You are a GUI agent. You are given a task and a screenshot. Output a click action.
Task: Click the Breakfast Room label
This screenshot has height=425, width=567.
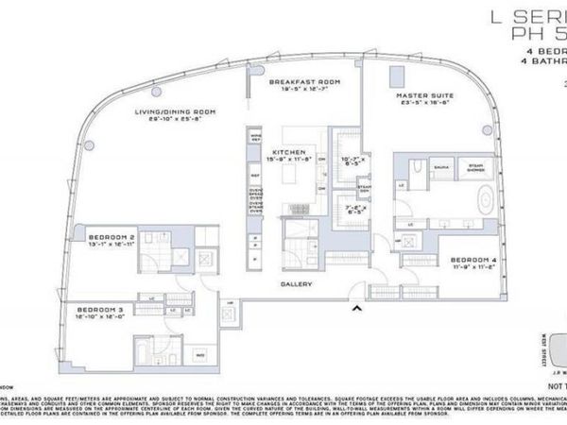304,81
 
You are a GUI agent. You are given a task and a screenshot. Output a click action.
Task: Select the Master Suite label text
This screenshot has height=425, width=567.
425,96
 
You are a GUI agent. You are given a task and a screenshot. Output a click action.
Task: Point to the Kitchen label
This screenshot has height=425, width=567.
286,151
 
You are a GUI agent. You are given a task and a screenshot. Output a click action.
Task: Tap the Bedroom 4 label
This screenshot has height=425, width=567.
469,260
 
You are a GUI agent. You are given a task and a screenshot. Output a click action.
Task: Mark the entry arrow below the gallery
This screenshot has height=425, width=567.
356,307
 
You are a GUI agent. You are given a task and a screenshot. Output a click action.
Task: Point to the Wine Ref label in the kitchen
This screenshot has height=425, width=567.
255,139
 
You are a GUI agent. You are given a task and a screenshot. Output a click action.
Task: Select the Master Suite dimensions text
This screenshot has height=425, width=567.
425,105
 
